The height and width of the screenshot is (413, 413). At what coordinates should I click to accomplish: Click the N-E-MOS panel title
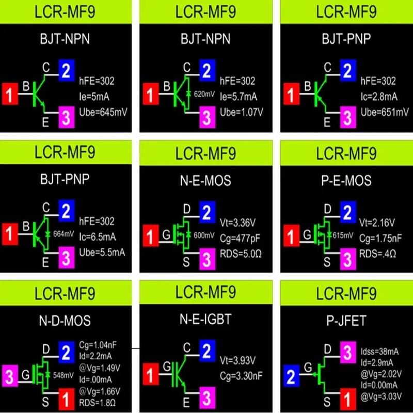tap(205, 181)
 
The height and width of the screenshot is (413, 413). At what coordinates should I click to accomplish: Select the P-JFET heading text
tap(346, 321)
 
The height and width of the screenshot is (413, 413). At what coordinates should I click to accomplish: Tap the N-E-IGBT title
tap(205, 319)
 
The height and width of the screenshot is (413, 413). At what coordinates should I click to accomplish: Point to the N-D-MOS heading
tap(65, 321)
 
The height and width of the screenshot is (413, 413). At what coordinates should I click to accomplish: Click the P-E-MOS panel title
tap(346, 181)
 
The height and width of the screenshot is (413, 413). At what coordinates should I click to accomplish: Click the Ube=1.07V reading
tap(242, 112)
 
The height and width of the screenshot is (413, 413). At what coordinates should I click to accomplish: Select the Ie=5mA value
tap(94, 97)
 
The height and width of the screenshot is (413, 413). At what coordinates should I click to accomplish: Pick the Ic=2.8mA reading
tap(379, 97)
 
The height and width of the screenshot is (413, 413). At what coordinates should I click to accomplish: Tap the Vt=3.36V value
tap(237, 223)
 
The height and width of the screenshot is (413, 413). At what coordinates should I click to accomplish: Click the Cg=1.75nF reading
tap(380, 238)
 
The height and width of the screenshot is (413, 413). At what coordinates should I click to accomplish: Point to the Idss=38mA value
tap(379, 352)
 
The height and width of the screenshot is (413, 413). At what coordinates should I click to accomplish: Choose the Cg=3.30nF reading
tap(241, 376)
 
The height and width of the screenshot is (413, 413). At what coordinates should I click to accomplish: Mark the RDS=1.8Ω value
tap(97, 403)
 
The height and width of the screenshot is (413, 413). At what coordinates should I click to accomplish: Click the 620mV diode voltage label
tap(204, 94)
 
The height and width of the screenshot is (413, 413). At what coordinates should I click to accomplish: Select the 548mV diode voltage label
tap(63, 375)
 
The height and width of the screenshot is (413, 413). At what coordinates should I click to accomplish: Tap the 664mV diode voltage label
tap(63, 234)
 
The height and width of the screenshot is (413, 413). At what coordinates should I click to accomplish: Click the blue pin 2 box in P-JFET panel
tap(291, 376)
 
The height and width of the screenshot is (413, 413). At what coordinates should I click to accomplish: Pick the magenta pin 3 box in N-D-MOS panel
tap(10, 376)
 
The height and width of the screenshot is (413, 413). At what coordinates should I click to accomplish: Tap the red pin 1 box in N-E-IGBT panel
tap(151, 374)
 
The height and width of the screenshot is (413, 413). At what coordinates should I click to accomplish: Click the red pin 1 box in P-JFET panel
tap(348, 399)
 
